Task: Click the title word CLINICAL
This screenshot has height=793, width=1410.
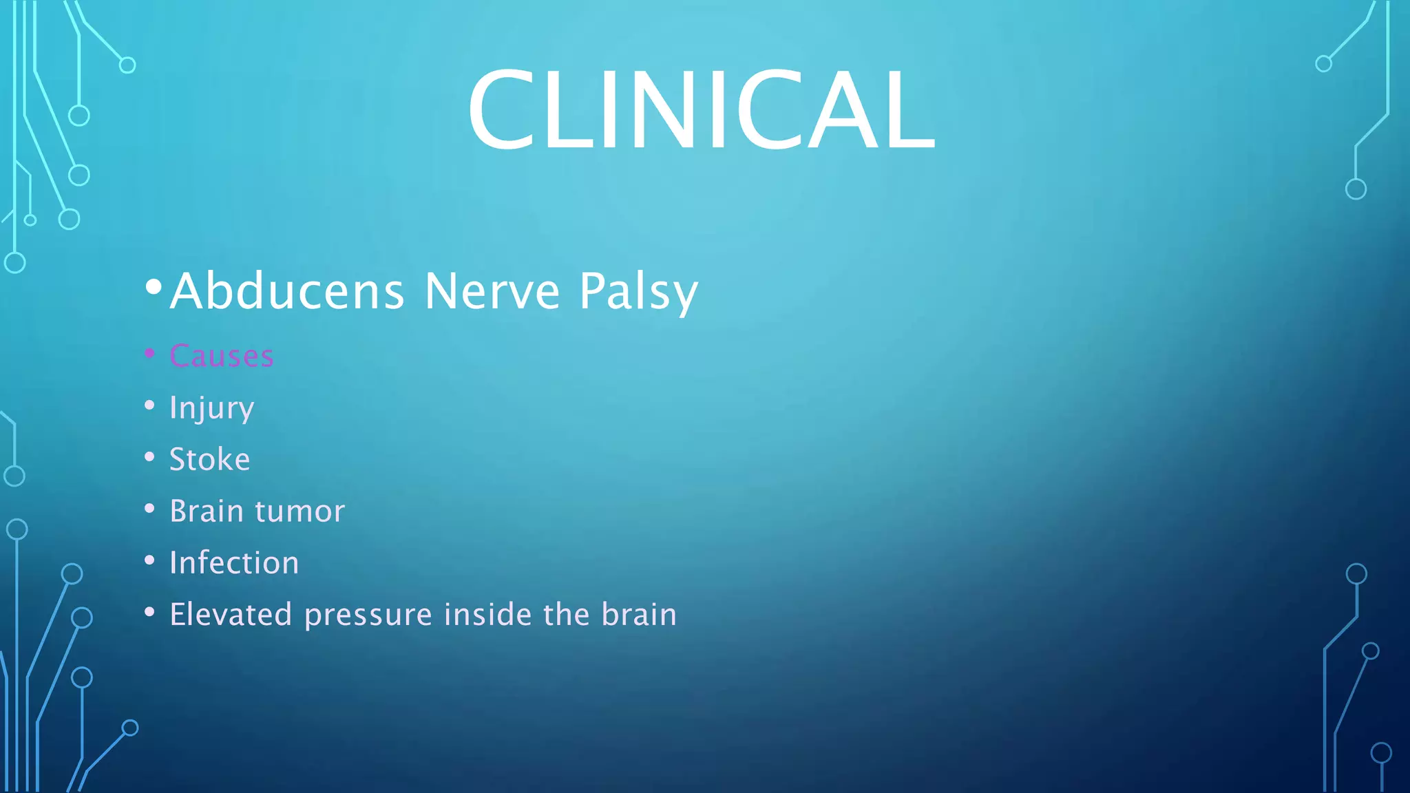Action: click(701, 110)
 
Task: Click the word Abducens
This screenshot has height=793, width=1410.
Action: click(287, 292)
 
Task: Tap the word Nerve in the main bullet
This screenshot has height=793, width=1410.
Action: click(492, 292)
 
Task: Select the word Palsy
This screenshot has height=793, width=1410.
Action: click(638, 292)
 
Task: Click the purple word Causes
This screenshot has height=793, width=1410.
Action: click(222, 356)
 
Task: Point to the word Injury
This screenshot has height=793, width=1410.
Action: click(212, 408)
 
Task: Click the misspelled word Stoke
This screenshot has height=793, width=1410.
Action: click(210, 459)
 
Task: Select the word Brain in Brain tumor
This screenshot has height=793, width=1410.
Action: click(207, 511)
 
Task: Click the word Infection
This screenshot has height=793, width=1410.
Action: click(235, 562)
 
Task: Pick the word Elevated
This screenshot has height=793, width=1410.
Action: click(231, 614)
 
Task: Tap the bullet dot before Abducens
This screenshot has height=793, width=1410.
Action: click(154, 286)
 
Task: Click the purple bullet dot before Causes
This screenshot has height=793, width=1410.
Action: click(149, 353)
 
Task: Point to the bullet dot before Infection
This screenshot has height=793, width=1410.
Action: click(149, 560)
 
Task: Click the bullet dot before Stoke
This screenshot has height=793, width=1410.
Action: click(149, 456)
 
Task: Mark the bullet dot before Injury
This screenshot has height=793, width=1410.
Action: click(149, 405)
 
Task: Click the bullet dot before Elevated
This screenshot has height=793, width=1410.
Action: click(149, 611)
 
